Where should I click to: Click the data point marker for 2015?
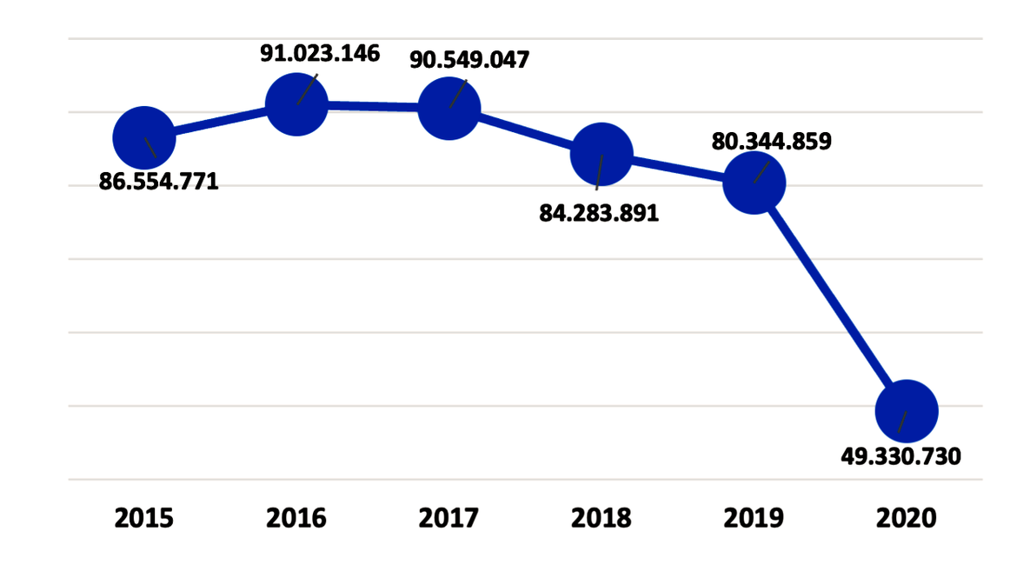click(x=144, y=137)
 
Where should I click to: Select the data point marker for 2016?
click(x=296, y=105)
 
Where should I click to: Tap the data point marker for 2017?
click(x=449, y=109)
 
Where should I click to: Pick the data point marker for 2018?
click(x=601, y=155)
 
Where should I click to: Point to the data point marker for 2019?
click(x=754, y=183)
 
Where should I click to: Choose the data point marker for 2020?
click(x=907, y=411)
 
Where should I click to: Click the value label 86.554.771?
click(x=158, y=183)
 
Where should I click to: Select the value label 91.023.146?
click(x=320, y=53)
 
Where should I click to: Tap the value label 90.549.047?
click(x=469, y=60)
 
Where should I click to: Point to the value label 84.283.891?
click(x=599, y=213)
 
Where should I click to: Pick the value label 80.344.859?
click(x=771, y=141)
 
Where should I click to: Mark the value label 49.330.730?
click(x=901, y=456)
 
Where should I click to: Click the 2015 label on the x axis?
click(x=144, y=519)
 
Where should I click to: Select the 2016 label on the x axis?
click(x=296, y=519)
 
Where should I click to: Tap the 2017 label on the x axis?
click(x=449, y=519)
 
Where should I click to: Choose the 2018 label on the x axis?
click(x=601, y=519)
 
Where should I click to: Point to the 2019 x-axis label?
click(x=754, y=519)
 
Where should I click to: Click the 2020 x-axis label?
click(x=907, y=519)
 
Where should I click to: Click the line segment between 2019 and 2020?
click(x=830, y=296)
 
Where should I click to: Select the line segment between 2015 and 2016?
click(x=220, y=122)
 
